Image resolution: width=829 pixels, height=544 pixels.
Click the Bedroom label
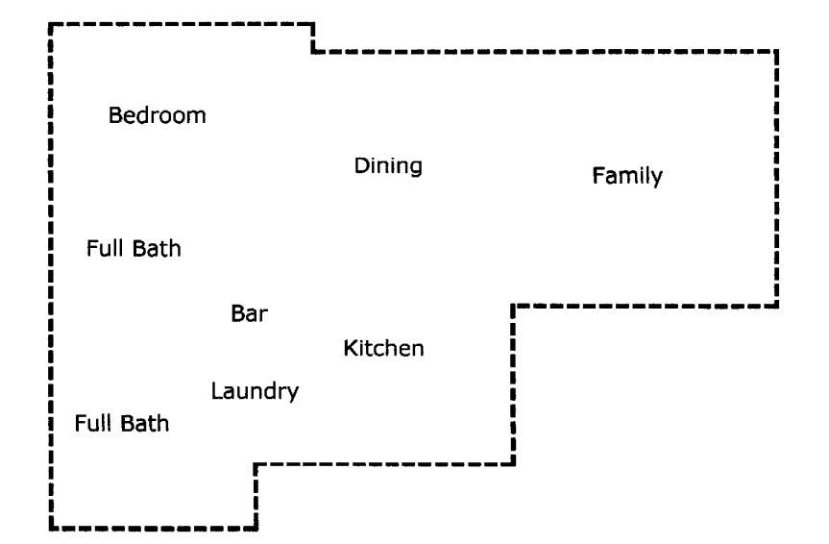(158, 116)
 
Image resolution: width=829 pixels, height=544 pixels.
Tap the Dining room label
(388, 166)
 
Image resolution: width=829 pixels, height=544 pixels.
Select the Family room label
(627, 177)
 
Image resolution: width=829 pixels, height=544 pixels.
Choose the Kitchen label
(383, 348)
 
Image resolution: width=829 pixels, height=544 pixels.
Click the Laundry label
(255, 391)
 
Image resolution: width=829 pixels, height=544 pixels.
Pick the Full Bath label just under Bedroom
(134, 249)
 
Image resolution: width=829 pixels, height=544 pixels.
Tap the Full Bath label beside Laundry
(122, 423)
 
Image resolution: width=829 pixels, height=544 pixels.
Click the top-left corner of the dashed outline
(50, 24)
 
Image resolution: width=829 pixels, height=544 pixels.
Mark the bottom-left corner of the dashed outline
(50, 527)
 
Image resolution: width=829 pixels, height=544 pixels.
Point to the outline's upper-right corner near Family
(776, 51)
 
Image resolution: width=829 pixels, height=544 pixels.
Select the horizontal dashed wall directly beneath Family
(644, 307)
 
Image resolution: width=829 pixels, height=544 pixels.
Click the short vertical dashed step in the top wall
(313, 37)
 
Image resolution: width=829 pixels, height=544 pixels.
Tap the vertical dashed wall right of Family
(776, 178)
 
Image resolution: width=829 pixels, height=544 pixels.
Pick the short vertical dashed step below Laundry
(256, 496)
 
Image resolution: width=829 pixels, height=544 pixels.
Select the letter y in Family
(658, 180)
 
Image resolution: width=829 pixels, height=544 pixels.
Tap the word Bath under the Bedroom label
(157, 249)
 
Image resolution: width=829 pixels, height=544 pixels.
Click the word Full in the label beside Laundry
(94, 423)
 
